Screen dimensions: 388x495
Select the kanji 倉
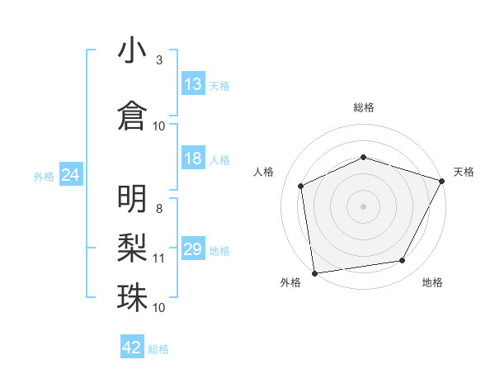tap(133, 115)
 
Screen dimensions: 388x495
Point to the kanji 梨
tap(133, 248)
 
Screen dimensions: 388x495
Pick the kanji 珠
tap(133, 296)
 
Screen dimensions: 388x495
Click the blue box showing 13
tap(193, 85)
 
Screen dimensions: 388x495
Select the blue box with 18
tap(193, 159)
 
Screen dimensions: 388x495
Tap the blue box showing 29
tap(193, 250)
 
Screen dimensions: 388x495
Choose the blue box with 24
tap(71, 176)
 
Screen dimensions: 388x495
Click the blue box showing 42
tap(132, 348)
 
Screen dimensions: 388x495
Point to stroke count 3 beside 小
tap(159, 60)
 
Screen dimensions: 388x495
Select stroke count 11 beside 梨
tap(159, 258)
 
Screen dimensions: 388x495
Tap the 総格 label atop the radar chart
tap(364, 107)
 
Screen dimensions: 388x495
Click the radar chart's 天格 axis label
tap(464, 172)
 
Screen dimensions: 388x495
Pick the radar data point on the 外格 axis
tap(314, 272)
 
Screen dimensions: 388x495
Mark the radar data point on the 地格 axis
tap(403, 261)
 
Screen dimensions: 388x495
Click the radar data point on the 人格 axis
tap(301, 186)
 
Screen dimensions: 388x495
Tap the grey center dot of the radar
tap(364, 206)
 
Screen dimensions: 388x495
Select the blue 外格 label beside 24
tap(44, 177)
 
